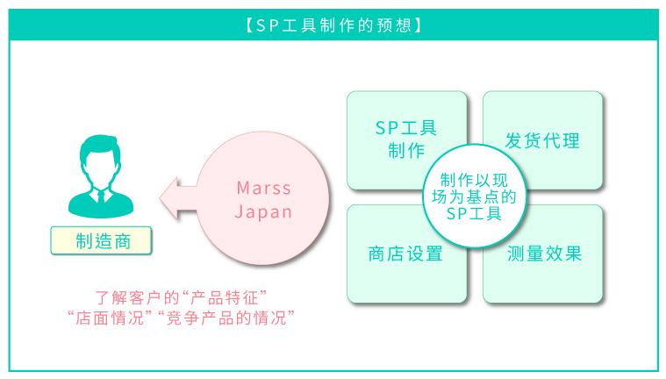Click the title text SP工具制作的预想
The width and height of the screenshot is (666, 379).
(333, 25)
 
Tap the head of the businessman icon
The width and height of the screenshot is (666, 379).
(101, 160)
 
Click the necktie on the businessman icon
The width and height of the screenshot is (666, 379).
(101, 197)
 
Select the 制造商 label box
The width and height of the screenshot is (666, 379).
(101, 241)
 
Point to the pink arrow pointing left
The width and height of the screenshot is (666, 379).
(178, 198)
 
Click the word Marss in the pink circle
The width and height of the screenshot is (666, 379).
(264, 188)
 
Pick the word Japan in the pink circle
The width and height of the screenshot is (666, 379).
(264, 211)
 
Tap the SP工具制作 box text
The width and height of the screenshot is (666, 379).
(406, 139)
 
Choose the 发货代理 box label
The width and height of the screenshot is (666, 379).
(542, 140)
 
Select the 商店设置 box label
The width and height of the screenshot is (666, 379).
(405, 254)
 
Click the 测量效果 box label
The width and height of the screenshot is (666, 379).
(545, 254)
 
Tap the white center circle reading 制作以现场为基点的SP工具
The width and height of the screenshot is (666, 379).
(475, 197)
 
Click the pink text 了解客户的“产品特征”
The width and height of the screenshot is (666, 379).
(182, 297)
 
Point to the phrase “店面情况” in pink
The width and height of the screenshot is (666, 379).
(110, 318)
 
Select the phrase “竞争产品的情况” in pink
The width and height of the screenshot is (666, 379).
(226, 318)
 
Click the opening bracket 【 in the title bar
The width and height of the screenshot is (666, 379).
(250, 25)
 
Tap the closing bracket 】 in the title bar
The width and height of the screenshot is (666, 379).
(418, 25)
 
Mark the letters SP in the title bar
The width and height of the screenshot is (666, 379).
(268, 26)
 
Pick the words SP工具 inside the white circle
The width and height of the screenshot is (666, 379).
(475, 213)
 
